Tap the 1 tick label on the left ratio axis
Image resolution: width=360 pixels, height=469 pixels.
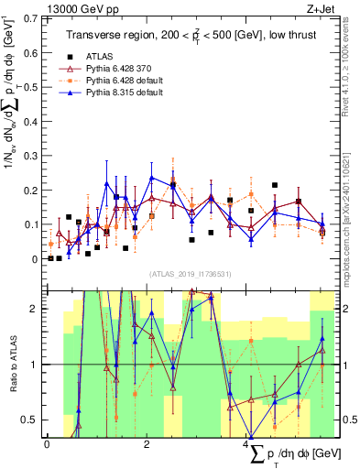pyautogui.click(x=36, y=365)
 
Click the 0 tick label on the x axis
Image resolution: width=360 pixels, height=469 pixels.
pyautogui.click(x=47, y=444)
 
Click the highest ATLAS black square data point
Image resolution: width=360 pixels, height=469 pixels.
pyautogui.click(x=275, y=185)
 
